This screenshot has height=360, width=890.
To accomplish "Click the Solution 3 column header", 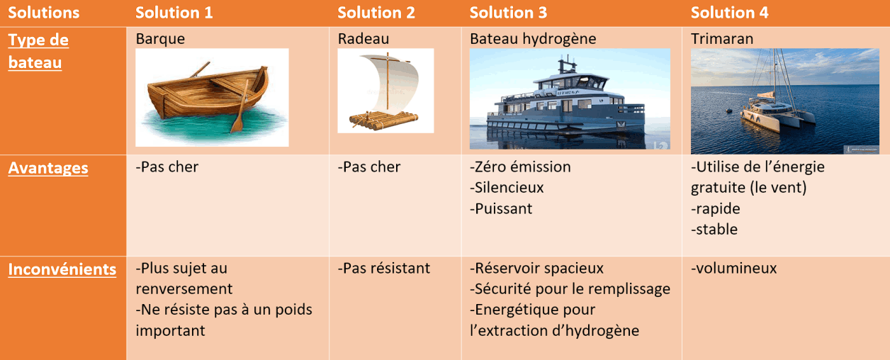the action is click(508, 13).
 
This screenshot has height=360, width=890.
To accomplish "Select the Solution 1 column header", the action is click(174, 13).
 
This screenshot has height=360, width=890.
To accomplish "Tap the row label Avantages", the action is click(48, 168).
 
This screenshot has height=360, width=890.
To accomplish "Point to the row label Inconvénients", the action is click(62, 269).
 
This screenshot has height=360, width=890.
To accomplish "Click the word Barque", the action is click(160, 39).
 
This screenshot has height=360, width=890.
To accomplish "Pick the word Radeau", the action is click(363, 39).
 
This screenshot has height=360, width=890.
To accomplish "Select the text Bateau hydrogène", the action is click(533, 39).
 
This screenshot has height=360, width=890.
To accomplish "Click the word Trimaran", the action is click(722, 39).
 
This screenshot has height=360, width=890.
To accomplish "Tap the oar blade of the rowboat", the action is click(237, 123).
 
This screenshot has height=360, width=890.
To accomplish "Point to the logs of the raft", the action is click(383, 120).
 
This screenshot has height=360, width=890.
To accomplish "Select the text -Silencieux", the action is click(507, 188).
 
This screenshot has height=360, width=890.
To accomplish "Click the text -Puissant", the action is click(500, 208).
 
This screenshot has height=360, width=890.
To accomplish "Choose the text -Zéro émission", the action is click(520, 167).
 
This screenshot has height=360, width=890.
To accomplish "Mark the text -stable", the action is click(714, 230).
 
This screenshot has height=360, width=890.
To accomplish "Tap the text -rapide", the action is click(715, 208).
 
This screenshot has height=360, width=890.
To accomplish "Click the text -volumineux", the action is click(733, 268).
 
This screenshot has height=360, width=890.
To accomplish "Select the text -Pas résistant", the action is click(384, 268).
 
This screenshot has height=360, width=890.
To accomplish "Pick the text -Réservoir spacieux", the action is click(536, 268).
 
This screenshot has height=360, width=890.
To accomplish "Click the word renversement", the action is click(184, 289).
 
